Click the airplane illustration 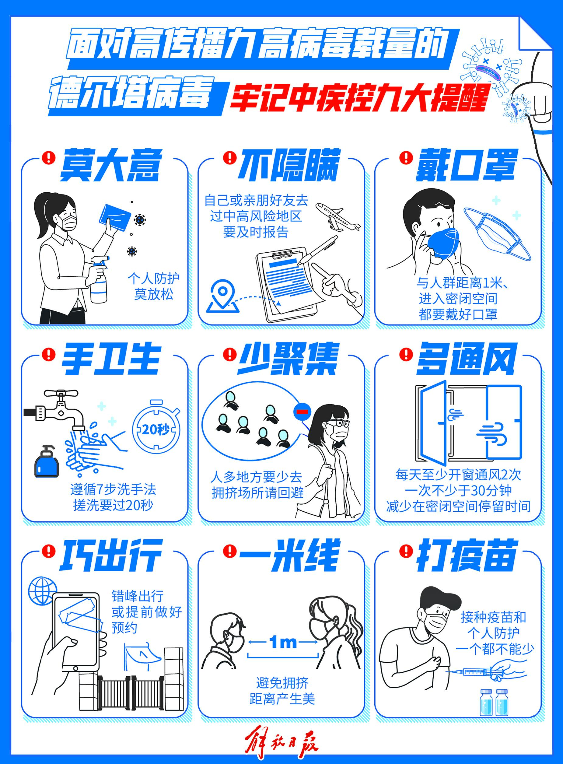[x=337, y=217]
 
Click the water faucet [x=54, y=409]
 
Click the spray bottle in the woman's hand [x=99, y=279]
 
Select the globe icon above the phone [x=42, y=591]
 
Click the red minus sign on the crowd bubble [x=302, y=411]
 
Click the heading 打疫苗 [x=467, y=555]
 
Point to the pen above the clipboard [x=317, y=251]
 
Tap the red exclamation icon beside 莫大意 [x=49, y=158]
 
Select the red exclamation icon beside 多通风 [x=406, y=354]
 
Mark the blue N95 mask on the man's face [x=443, y=243]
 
